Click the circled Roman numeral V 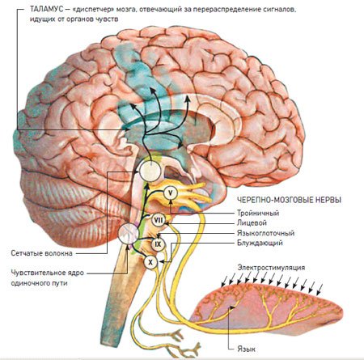pos(171,193)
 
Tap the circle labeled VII pos(158,220)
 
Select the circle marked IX pos(158,244)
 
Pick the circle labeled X pos(150,262)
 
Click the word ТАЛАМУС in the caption pos(46,9)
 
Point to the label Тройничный pos(258,214)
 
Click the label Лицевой pos(252,223)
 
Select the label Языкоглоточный pos(265,233)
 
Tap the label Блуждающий pos(260,243)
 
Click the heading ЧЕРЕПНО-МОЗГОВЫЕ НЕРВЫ pos(290,200)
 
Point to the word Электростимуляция pos(271,268)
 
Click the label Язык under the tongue pos(246,349)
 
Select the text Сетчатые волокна pos(41,253)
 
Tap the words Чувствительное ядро pos(48,273)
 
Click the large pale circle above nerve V pos(150,172)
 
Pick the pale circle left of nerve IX pos(129,234)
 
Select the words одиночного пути pos(39,283)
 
